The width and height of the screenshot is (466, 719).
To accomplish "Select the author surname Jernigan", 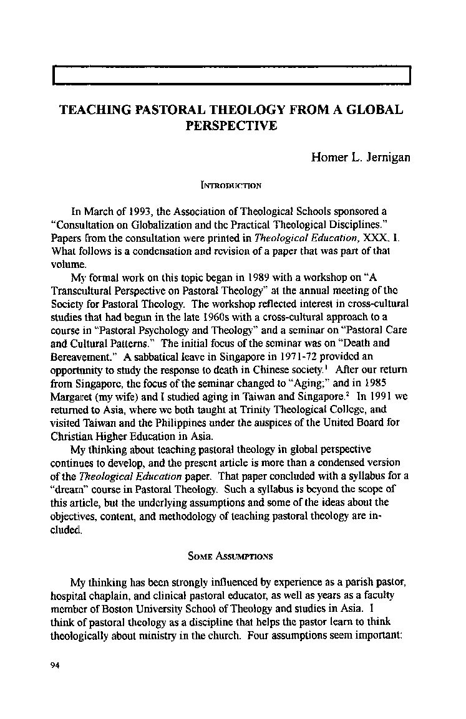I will pyautogui.click(x=386, y=157).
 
